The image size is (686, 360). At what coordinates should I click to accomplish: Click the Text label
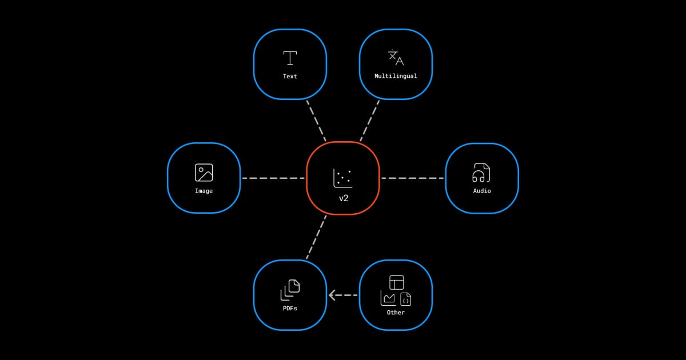pyautogui.click(x=290, y=76)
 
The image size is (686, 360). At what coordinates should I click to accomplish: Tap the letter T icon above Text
pyautogui.click(x=290, y=58)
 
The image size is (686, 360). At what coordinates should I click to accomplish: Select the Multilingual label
pyautogui.click(x=396, y=76)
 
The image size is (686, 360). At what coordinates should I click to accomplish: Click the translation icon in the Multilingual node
pyautogui.click(x=396, y=58)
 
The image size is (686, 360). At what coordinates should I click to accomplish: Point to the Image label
pyautogui.click(x=204, y=191)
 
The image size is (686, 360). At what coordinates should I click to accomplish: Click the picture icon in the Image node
pyautogui.click(x=204, y=173)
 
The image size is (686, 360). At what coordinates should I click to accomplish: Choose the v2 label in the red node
pyautogui.click(x=343, y=198)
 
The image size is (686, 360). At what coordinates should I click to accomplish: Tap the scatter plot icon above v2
pyautogui.click(x=342, y=178)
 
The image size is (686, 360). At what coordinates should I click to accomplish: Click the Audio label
pyautogui.click(x=481, y=191)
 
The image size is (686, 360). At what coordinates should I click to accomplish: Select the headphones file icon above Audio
pyautogui.click(x=481, y=173)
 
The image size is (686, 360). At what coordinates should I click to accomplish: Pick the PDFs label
pyautogui.click(x=290, y=308)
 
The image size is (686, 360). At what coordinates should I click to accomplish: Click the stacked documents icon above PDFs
pyautogui.click(x=290, y=290)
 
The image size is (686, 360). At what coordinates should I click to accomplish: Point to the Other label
pyautogui.click(x=396, y=313)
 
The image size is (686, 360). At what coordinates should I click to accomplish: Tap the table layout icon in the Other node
pyautogui.click(x=397, y=282)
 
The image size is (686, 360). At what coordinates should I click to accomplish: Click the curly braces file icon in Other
pyautogui.click(x=405, y=299)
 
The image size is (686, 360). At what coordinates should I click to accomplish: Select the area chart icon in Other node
pyautogui.click(x=388, y=298)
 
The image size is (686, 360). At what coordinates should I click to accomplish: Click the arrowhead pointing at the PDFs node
pyautogui.click(x=332, y=295)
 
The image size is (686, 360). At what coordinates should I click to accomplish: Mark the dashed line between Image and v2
pyautogui.click(x=273, y=178)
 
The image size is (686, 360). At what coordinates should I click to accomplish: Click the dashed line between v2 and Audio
pyautogui.click(x=412, y=178)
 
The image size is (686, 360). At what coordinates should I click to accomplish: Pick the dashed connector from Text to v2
pyautogui.click(x=316, y=121)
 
